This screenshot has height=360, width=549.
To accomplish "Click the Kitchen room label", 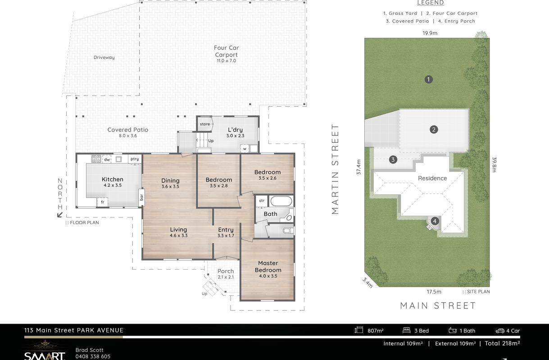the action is click(x=112, y=179).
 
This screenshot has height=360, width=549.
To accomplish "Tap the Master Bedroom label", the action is click(x=268, y=266).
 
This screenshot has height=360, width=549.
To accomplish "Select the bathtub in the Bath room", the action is click(x=281, y=201).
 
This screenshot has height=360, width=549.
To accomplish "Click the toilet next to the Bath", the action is click(x=288, y=230).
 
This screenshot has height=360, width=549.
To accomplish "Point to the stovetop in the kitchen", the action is click(x=96, y=159).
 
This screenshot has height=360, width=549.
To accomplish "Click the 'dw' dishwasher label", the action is click(x=107, y=160).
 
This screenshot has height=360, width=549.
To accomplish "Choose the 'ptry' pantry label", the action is click(x=135, y=159).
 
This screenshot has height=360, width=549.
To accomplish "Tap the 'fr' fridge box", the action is click(x=102, y=202).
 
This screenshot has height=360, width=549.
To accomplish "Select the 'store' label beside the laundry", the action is click(x=205, y=124).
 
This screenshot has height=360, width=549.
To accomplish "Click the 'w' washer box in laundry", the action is click(x=245, y=148).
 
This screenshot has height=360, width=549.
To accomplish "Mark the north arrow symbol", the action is click(x=60, y=215).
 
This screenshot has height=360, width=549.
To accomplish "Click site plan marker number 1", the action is click(x=428, y=79).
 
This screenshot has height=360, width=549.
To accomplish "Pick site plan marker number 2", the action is click(x=434, y=130).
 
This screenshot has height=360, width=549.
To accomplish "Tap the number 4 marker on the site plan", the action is click(x=435, y=221).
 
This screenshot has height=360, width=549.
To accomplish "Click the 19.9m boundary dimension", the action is click(x=430, y=33).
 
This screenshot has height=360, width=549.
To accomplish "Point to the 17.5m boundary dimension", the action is click(x=434, y=292).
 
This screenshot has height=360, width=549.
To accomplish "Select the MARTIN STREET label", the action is click(x=335, y=169).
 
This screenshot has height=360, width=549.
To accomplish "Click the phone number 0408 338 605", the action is click(x=93, y=356).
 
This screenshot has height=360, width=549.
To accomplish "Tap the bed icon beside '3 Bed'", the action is click(x=406, y=330).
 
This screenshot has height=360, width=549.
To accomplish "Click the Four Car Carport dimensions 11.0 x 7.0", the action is click(x=226, y=60).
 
